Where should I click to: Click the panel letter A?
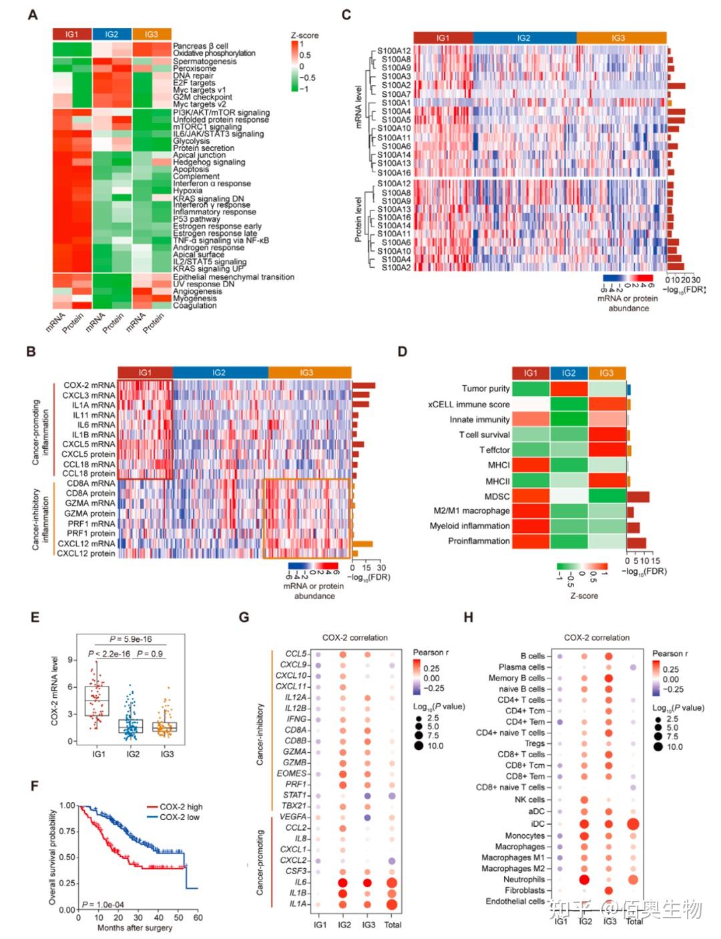pos(32,15)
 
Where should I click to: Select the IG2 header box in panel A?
pos(111,34)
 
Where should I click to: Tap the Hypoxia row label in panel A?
pos(188,190)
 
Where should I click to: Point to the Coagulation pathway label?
pos(195,306)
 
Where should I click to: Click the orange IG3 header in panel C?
pos(618,38)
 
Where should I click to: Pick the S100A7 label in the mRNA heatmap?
pos(397,94)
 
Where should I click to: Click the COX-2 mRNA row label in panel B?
pos(89,385)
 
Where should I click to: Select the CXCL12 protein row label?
pos(86,553)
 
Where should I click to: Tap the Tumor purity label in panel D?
pos(485,389)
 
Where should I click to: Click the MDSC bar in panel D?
pos(638,496)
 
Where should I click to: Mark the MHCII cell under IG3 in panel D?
pos(607,481)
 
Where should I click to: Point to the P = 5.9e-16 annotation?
pos(131,639)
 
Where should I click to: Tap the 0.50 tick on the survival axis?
pos(67,857)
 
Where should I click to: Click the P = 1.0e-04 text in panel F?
pos(103,904)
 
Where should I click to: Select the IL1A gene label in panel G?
pos(298,904)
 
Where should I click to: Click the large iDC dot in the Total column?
pos(634,823)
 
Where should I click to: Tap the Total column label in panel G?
pos(393,924)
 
